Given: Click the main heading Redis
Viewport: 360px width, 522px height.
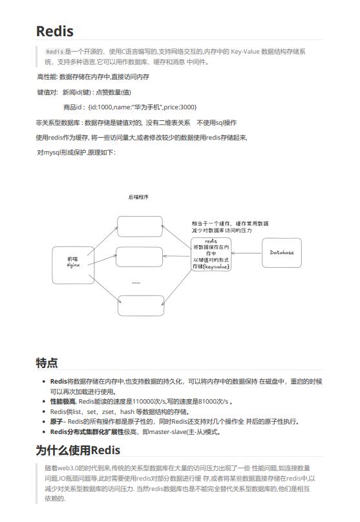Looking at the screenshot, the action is (55, 31).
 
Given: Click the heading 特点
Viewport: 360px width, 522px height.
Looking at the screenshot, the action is (47, 362).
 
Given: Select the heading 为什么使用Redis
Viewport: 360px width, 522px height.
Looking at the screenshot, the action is (78, 450).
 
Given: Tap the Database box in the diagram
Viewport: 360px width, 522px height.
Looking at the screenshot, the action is (281, 252).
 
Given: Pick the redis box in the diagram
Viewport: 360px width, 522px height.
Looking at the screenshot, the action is (211, 254).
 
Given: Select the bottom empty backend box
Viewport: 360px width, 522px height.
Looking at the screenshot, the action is (140, 305).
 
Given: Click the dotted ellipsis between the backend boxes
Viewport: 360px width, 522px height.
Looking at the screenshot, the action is (136, 283).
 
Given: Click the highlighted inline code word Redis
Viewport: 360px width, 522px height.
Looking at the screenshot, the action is (55, 51).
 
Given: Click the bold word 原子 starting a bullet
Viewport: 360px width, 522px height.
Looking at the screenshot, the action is (57, 421).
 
